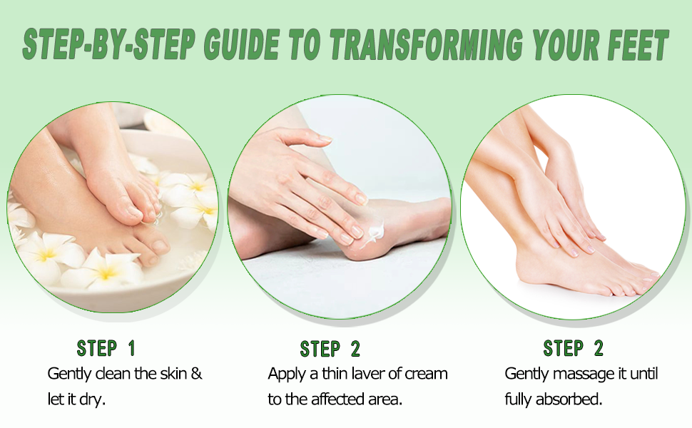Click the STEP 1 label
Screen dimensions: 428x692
click(106, 348)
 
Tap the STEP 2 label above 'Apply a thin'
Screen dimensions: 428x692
click(330, 349)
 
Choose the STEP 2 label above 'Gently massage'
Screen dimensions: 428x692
click(573, 348)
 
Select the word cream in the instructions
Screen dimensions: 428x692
click(427, 373)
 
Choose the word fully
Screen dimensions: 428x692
click(519, 399)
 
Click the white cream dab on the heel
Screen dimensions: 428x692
click(374, 230)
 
